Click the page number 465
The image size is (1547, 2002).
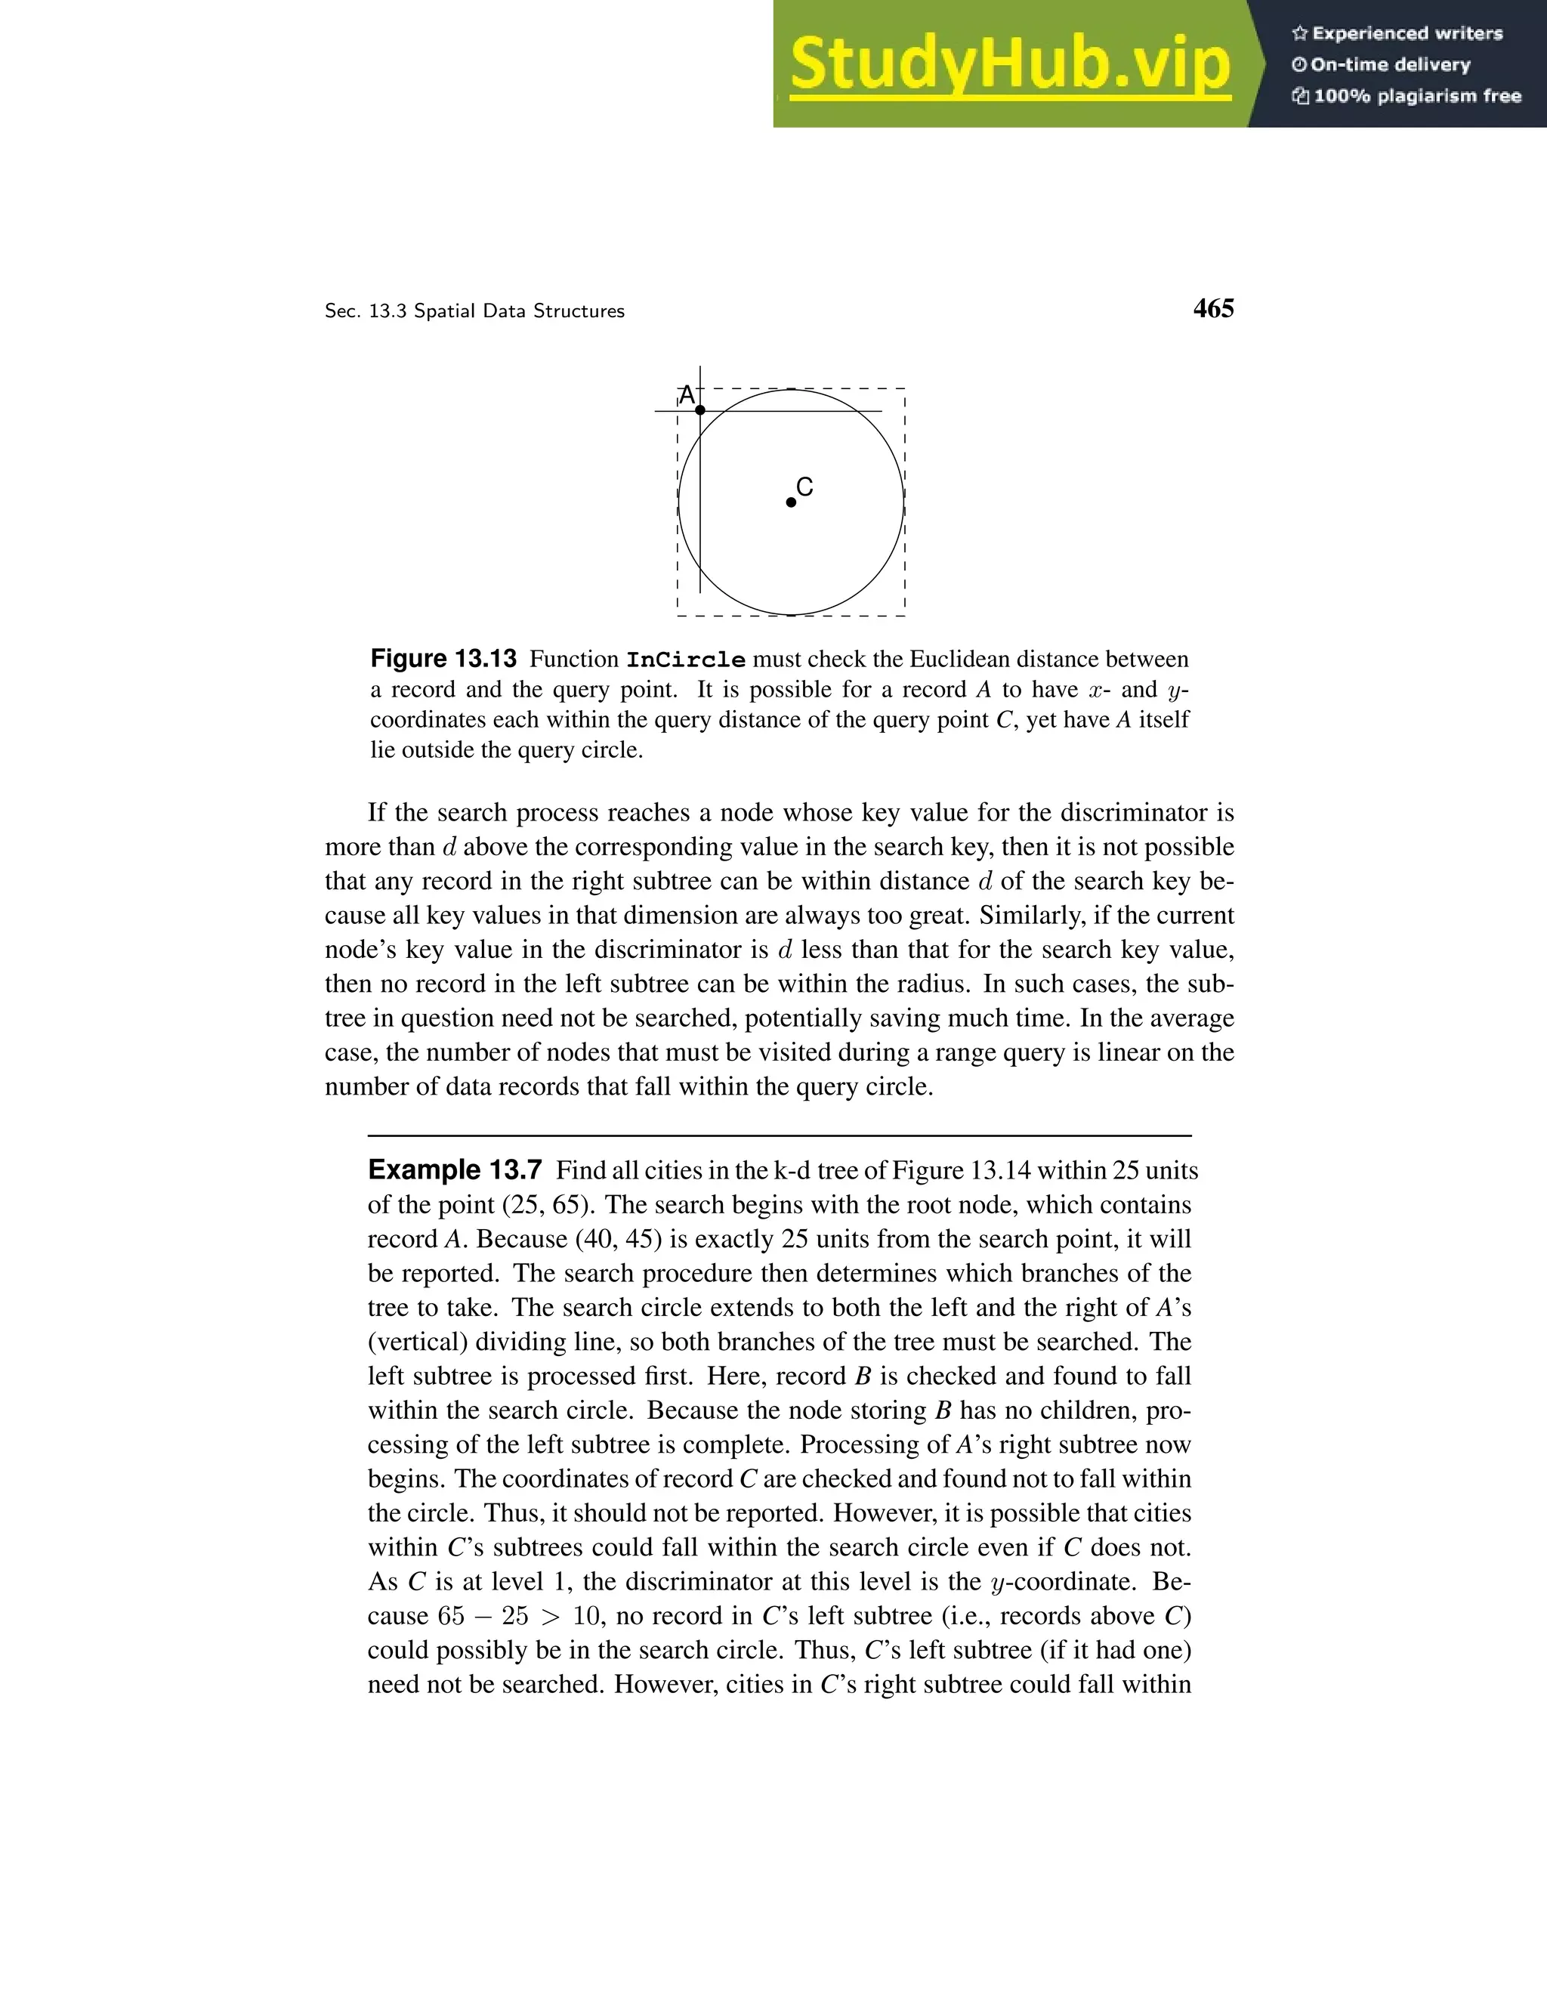(1212, 309)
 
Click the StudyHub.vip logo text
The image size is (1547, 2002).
(1009, 64)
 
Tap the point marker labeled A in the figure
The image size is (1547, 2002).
(700, 409)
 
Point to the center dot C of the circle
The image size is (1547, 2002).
(791, 502)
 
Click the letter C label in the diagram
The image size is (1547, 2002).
(804, 487)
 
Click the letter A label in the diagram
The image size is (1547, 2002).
(686, 395)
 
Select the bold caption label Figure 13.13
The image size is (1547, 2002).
(443, 659)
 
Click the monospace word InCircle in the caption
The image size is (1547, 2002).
(686, 660)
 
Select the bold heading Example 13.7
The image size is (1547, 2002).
(455, 1170)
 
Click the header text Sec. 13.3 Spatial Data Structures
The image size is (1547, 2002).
(474, 312)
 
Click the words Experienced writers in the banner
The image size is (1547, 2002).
(1407, 34)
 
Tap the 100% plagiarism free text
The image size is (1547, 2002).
(1416, 96)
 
